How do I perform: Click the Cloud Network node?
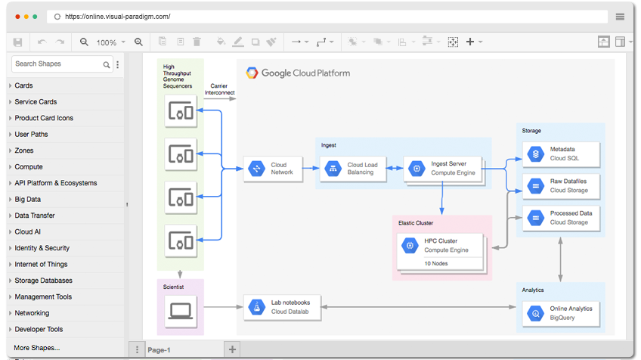point(273,169)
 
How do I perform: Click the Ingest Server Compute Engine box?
point(442,169)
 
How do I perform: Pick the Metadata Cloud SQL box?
point(561,154)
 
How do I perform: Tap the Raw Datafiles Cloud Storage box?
point(561,186)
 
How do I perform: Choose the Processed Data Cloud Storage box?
point(561,218)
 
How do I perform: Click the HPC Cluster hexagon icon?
point(410,246)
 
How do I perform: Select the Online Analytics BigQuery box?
point(561,314)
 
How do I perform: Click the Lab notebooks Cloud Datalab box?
point(282,307)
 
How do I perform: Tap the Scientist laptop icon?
point(180,311)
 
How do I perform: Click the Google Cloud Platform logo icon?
point(252,73)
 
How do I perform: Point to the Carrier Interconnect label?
point(219,89)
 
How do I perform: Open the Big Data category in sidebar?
point(28,199)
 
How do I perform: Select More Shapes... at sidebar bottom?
point(37,348)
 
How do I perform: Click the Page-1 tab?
point(159,349)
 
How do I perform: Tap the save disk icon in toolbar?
point(17,42)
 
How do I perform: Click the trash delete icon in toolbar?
point(197,42)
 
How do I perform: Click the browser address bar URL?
point(118,17)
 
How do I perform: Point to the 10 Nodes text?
point(436,263)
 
